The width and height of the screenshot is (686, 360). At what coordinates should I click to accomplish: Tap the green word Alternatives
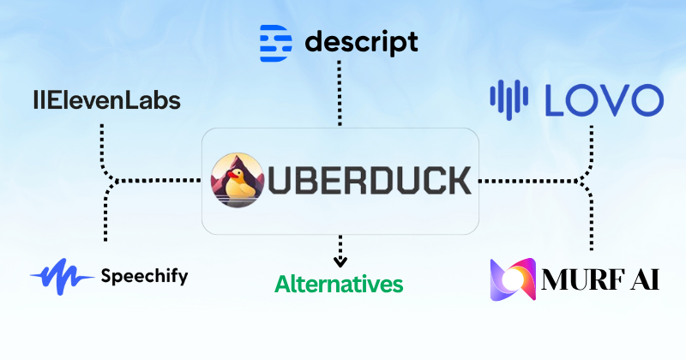click(339, 284)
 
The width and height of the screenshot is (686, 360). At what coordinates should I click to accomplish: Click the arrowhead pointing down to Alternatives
click(340, 261)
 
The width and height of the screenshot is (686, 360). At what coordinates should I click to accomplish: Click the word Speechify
click(144, 276)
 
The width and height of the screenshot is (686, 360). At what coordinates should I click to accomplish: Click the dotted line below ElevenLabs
click(102, 141)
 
